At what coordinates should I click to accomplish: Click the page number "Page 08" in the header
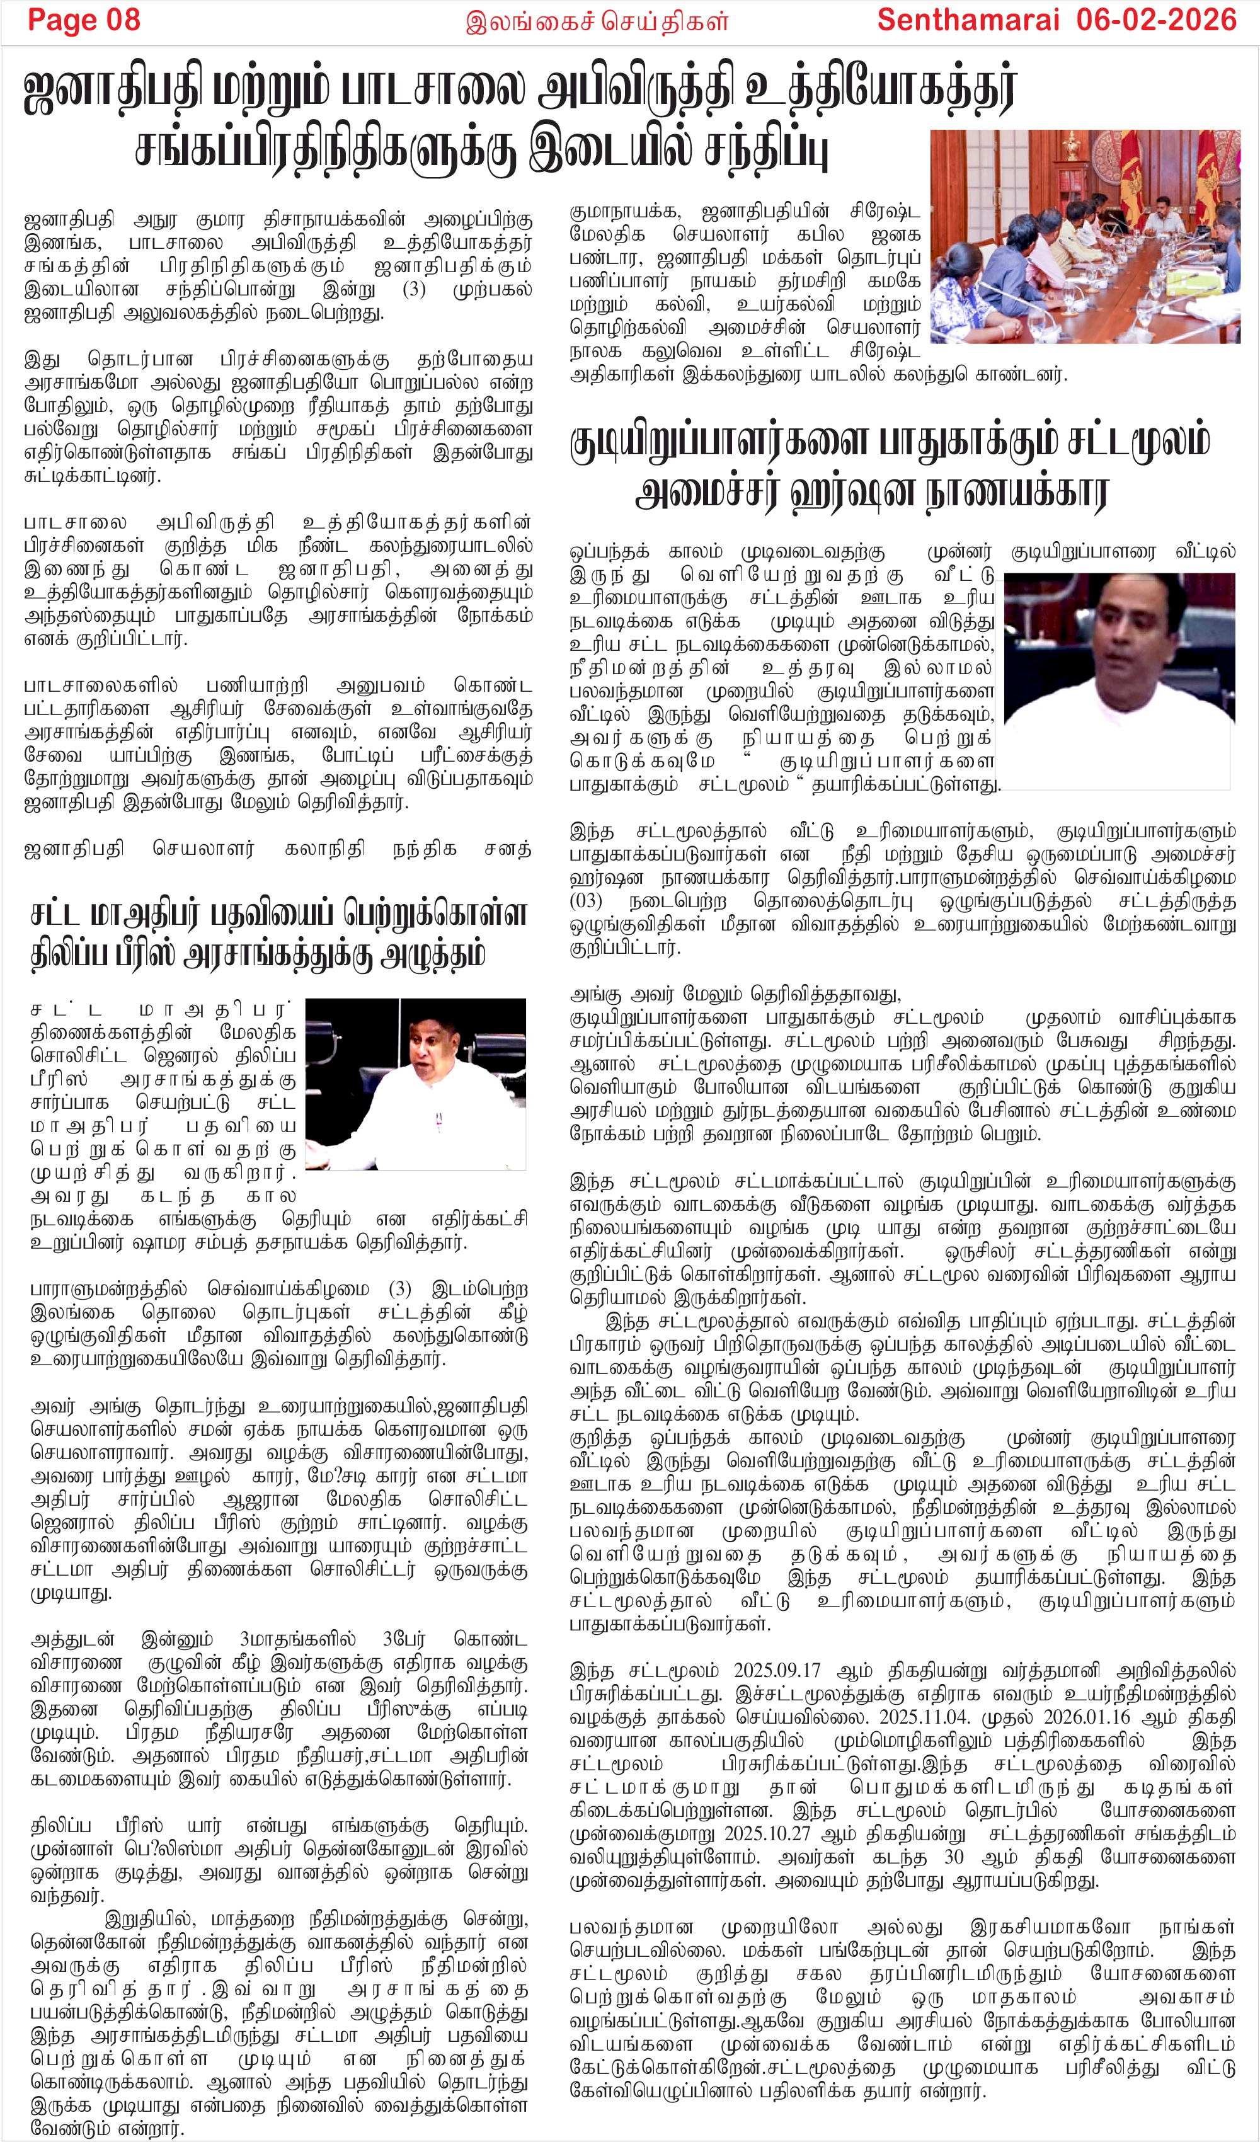pos(83,20)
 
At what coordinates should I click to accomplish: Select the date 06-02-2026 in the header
pos(1155,20)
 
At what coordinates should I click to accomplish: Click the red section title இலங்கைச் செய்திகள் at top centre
pos(597,22)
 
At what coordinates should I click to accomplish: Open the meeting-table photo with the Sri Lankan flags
pos(1085,236)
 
